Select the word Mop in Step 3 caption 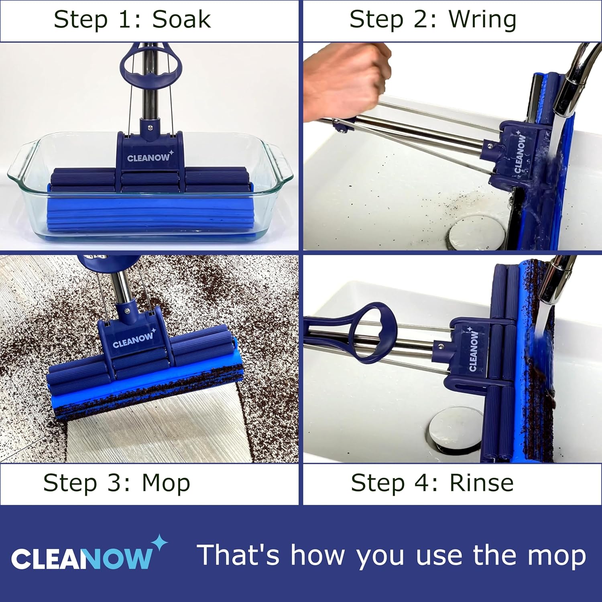click(166, 483)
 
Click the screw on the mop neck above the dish click(150, 128)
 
